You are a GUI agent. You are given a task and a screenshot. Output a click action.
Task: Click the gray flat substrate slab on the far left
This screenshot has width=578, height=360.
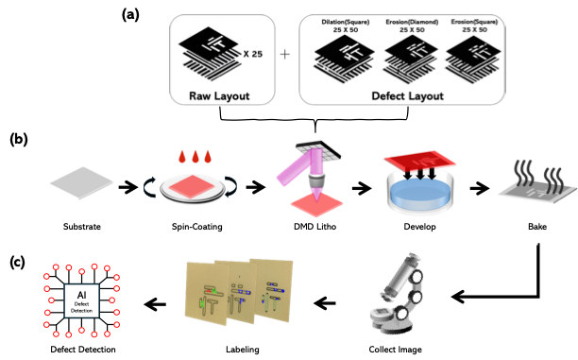coord(80,182)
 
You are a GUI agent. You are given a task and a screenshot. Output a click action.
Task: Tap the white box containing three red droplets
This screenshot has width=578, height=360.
coord(195,156)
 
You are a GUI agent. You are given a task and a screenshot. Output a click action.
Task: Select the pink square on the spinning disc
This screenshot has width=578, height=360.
coord(194,186)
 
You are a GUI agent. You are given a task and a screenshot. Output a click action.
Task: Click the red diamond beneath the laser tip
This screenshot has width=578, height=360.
coord(315,201)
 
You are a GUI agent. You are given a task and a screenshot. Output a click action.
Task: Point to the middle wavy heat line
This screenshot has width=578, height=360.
coord(539,173)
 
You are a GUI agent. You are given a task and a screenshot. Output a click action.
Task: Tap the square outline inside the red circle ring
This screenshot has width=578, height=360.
coord(81,300)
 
